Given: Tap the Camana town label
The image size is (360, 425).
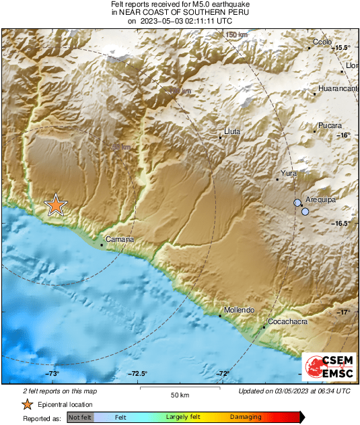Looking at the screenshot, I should tap(120, 240).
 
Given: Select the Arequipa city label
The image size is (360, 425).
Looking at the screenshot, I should tap(320, 201).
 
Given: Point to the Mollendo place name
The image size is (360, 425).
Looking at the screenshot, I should tap(240, 310).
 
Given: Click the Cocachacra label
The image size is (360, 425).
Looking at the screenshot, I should tap(287, 322).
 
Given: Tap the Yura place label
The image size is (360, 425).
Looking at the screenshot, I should tap(289, 174).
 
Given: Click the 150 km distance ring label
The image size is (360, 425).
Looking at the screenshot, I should tap(237, 34).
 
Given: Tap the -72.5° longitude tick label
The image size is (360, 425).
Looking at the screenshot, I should tap(139, 374).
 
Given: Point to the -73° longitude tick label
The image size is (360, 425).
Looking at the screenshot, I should tap(53, 374).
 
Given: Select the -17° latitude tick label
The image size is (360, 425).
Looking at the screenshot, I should tap(344, 312).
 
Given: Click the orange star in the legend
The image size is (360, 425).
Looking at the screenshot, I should tap(27, 404).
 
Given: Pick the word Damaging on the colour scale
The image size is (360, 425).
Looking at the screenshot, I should tap(246, 418).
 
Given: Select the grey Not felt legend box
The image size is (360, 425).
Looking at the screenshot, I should tap(80, 418).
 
